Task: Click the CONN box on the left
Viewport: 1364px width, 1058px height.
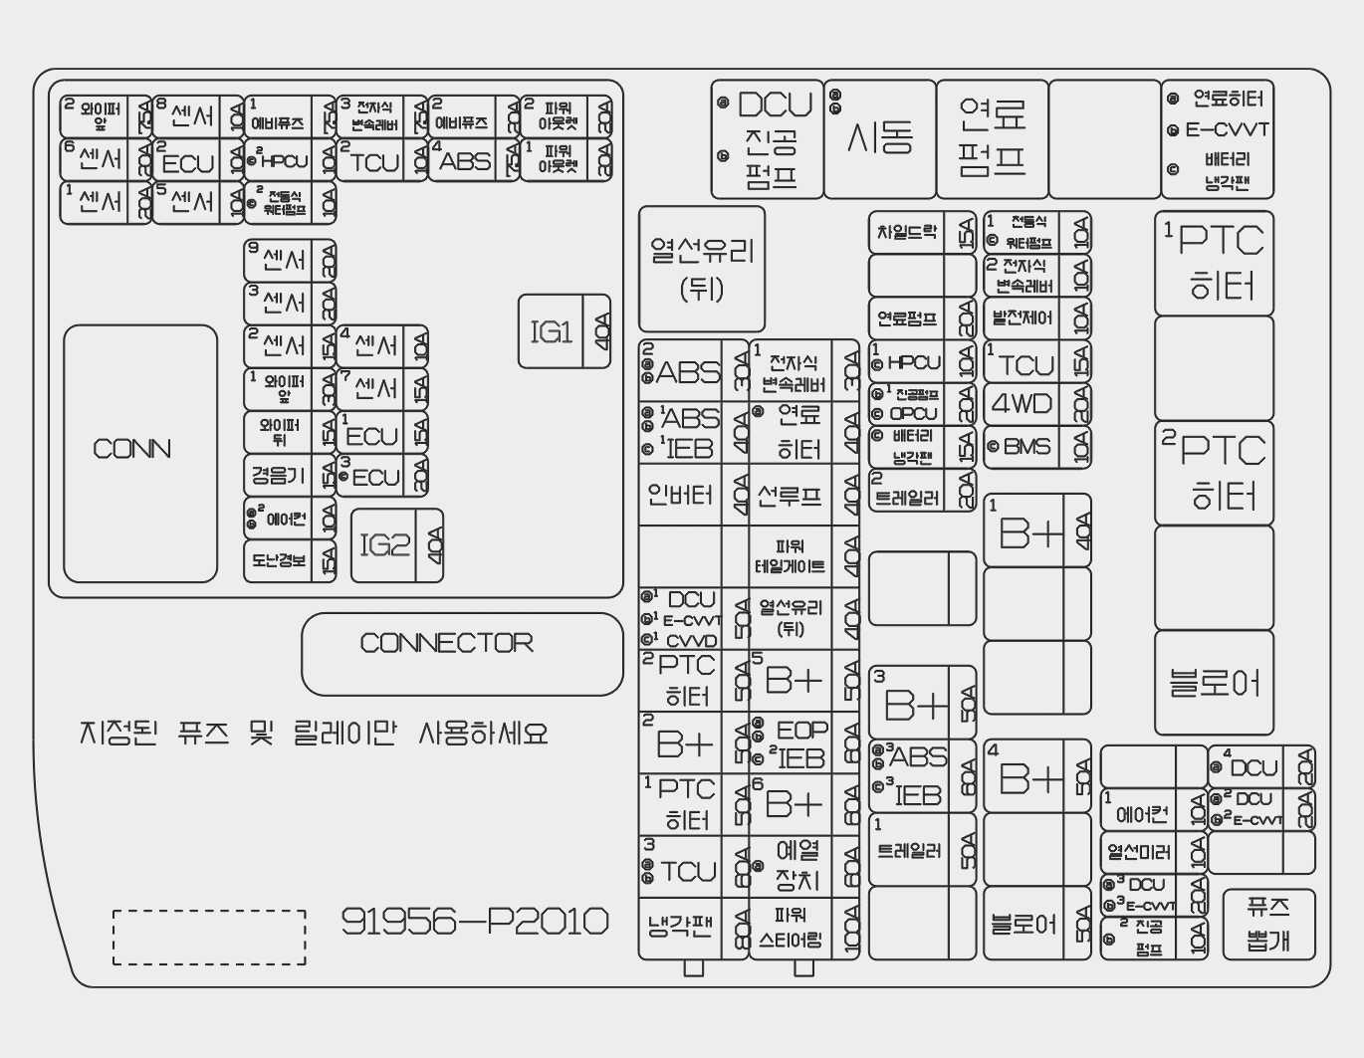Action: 139,452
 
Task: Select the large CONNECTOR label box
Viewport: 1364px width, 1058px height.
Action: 461,653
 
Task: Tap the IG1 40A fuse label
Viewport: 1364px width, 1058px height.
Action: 564,331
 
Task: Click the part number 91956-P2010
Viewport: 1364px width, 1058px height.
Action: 475,922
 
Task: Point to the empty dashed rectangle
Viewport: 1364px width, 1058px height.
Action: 209,937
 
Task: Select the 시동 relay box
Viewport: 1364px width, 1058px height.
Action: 880,138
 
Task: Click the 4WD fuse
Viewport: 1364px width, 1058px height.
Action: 1035,404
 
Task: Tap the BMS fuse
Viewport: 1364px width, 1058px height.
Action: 1035,447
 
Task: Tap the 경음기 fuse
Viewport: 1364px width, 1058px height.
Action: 289,475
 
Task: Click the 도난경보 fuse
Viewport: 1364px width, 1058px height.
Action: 289,560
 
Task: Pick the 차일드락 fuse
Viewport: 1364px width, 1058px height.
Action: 920,233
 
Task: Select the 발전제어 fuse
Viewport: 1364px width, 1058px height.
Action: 1035,318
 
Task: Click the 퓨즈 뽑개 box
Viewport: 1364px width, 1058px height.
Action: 1268,923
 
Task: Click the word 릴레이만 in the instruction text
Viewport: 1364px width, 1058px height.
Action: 344,734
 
